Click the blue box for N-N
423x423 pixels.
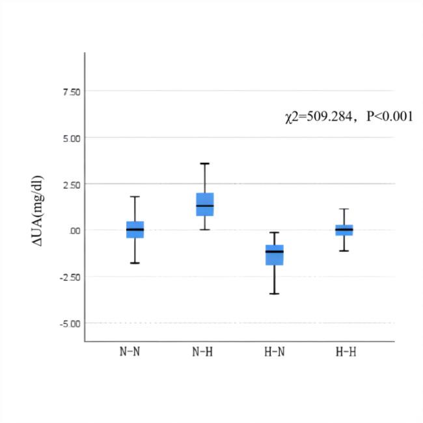(135, 230)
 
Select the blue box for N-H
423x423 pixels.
(205, 204)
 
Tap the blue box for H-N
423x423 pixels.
(275, 255)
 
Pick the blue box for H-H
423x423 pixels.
(344, 230)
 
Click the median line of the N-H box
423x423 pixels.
(205, 206)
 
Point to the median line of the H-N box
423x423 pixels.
(275, 251)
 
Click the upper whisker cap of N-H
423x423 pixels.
(205, 163)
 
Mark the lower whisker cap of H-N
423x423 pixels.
(275, 293)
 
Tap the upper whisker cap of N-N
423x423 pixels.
(135, 197)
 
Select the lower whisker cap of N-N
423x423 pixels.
(135, 263)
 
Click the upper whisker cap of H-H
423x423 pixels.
(344, 209)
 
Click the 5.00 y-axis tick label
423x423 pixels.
(71, 138)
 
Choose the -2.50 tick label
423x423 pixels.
(70, 277)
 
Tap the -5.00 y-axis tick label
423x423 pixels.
(70, 323)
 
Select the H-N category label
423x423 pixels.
(275, 351)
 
